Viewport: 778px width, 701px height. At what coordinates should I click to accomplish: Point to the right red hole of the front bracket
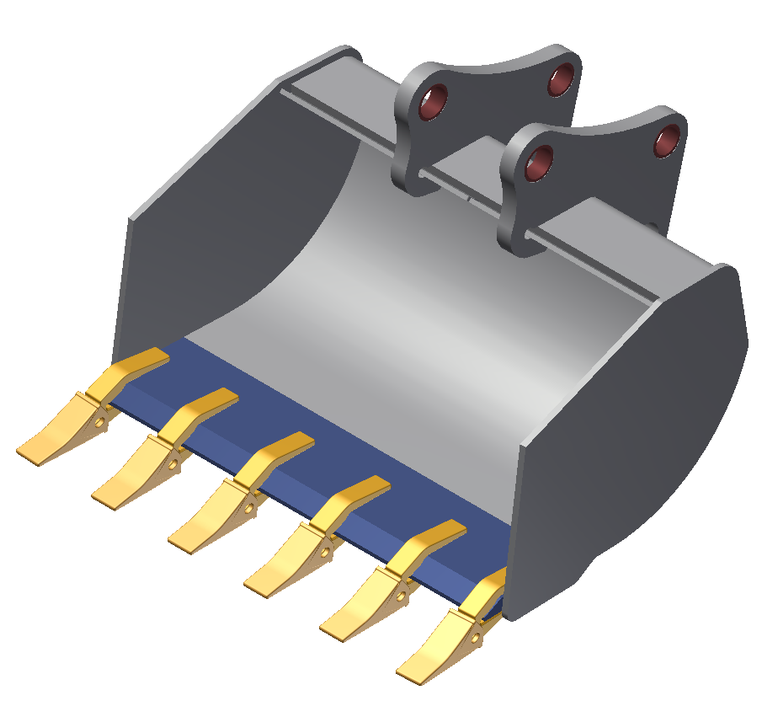(668, 141)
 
